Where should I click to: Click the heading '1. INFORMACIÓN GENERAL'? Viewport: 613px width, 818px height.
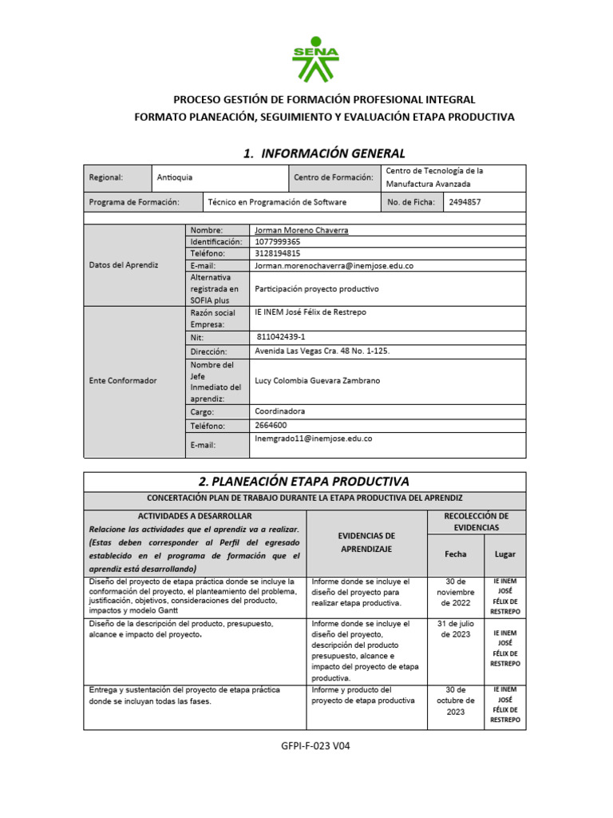point(324,153)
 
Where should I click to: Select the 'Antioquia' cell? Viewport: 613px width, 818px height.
point(175,177)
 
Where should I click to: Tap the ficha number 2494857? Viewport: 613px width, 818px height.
point(465,202)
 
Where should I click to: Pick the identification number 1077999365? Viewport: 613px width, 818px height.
point(278,241)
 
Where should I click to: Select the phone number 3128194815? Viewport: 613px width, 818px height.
point(278,253)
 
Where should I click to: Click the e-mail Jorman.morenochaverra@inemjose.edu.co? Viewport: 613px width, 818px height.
point(334,265)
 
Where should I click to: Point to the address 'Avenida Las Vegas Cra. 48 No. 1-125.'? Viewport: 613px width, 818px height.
point(322,351)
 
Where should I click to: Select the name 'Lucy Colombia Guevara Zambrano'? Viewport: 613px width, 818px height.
point(317,381)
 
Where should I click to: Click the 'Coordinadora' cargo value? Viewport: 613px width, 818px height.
point(281,411)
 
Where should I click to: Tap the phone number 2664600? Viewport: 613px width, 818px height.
point(271,426)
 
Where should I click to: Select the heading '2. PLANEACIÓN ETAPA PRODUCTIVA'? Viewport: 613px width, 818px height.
point(304,481)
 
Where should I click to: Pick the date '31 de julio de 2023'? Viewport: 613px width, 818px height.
point(455,629)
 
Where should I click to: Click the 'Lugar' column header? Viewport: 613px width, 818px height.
point(505,553)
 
